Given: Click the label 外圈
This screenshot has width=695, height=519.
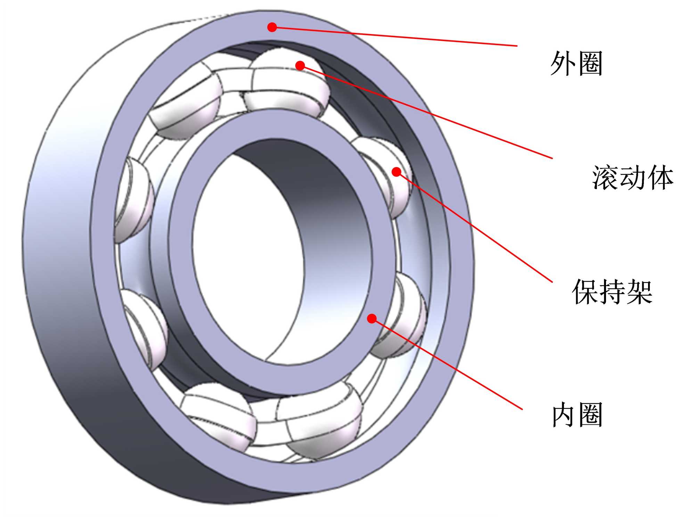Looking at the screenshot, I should (577, 63).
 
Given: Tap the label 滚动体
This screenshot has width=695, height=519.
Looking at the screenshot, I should (633, 178).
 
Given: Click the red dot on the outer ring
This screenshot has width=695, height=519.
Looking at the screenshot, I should (272, 27).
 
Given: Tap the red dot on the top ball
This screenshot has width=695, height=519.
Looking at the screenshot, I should (300, 65).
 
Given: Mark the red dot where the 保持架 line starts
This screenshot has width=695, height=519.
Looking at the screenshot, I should (396, 171).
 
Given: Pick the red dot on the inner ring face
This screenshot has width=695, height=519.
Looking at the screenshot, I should (372, 318).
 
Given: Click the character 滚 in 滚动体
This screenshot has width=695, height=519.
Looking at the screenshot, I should (605, 178).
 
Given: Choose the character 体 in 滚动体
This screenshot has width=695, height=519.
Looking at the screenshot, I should (660, 178).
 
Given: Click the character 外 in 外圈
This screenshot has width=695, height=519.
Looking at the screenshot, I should (563, 63).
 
